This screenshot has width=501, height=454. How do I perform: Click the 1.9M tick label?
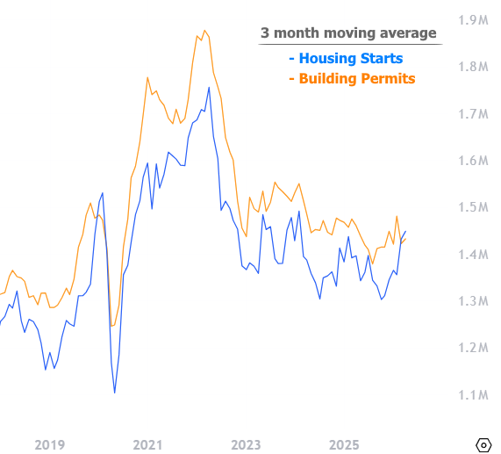click(x=473, y=20)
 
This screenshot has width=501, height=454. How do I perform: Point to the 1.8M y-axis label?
click(x=473, y=67)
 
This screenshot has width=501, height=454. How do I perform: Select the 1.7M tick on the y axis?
click(x=473, y=114)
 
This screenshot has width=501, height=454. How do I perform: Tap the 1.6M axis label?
click(x=473, y=161)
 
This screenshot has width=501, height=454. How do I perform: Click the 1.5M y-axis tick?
click(x=473, y=207)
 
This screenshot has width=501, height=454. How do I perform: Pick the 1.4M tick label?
click(x=473, y=255)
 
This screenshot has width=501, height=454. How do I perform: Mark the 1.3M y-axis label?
click(x=473, y=301)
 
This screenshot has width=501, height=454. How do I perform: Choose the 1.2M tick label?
click(x=473, y=348)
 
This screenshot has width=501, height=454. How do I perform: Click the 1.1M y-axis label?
click(x=473, y=395)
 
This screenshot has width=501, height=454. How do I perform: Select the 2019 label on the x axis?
click(x=49, y=444)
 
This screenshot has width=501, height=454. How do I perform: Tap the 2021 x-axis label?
click(x=147, y=444)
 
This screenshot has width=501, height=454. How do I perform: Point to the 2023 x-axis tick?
click(x=246, y=444)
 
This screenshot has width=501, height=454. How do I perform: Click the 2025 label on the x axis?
click(x=344, y=444)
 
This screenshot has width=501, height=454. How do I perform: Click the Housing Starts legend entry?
click(x=346, y=59)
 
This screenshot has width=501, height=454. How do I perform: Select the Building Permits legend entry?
click(x=352, y=79)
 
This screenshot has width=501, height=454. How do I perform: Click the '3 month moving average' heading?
click(x=348, y=33)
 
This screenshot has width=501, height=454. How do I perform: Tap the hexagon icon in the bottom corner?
click(x=483, y=445)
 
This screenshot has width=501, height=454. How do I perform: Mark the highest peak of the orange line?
click(x=204, y=31)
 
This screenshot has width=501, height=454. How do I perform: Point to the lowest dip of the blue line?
click(x=115, y=393)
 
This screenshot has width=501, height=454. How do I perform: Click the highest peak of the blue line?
click(x=210, y=87)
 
